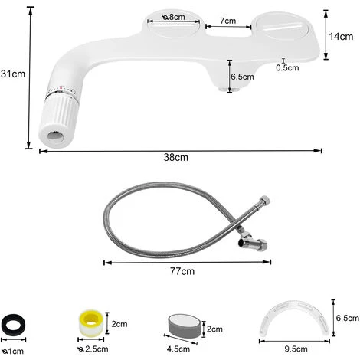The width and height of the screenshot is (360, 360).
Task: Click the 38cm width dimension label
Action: (x=175, y=157)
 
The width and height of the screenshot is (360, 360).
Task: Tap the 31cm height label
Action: (x=13, y=74)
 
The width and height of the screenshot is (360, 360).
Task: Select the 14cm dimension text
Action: (x=341, y=37)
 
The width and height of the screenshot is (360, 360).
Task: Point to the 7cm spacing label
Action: (x=228, y=21)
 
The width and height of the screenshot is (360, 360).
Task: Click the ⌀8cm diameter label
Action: (x=173, y=17)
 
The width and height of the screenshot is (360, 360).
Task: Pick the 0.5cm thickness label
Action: (x=287, y=67)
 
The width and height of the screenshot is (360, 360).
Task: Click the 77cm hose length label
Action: (x=182, y=271)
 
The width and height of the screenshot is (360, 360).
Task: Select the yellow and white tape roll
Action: (x=90, y=322)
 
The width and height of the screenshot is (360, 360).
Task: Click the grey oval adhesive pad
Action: (x=185, y=326)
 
